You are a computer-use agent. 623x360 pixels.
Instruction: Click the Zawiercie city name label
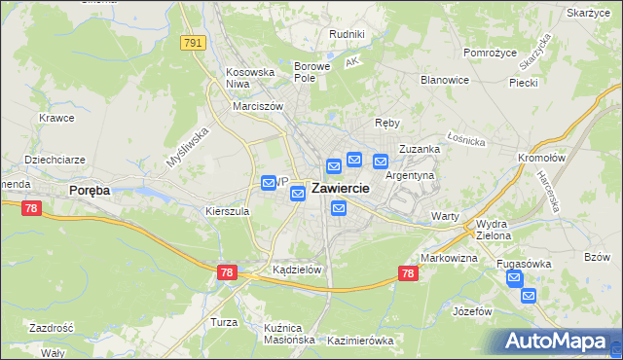(x=340, y=189)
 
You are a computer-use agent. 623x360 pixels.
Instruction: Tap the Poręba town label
(x=90, y=191)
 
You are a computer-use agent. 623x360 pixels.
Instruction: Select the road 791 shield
(x=194, y=42)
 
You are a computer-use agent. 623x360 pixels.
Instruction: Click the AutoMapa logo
(x=559, y=342)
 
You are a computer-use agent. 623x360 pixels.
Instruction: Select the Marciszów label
(x=257, y=106)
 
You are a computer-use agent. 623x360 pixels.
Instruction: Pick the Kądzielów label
(x=297, y=270)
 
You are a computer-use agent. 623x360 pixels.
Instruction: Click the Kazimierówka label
(x=360, y=341)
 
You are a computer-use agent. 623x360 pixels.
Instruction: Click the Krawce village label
(x=57, y=118)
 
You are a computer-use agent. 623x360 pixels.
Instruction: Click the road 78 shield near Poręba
(x=32, y=207)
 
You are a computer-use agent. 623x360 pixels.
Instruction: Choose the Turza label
(x=224, y=321)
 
